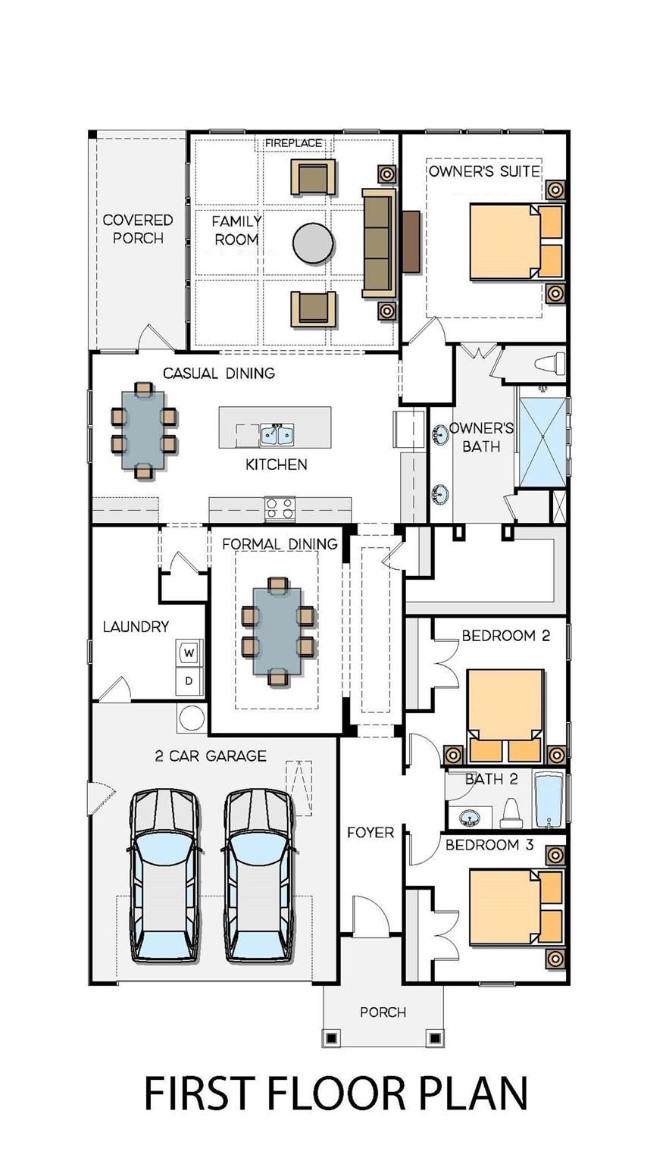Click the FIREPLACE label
(x=293, y=143)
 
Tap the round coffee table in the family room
(x=313, y=243)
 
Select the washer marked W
(x=189, y=652)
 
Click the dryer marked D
(x=189, y=681)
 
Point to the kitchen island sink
(x=277, y=434)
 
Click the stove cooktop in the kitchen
(x=280, y=509)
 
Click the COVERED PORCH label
(x=138, y=229)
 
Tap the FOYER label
(x=370, y=833)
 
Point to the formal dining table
(x=278, y=631)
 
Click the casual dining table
(x=143, y=430)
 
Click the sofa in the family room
(x=379, y=243)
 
